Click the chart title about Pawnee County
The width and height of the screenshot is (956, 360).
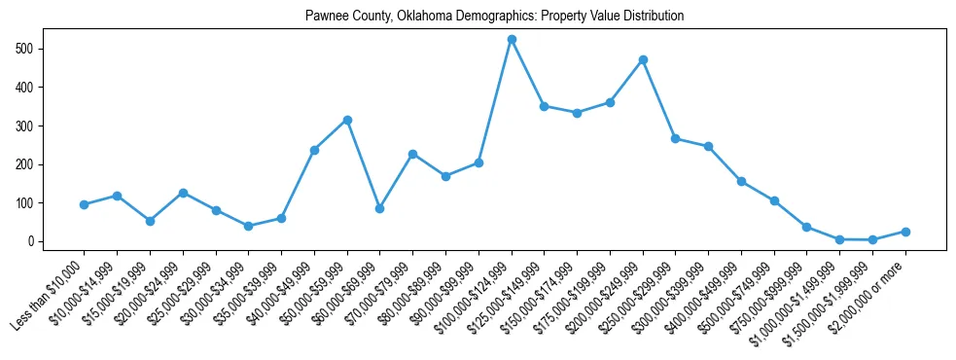(x=494, y=17)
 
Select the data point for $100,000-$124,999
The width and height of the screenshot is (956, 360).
(x=512, y=40)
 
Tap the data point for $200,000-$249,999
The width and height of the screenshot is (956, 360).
(x=643, y=60)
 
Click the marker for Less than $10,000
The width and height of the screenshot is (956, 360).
(x=84, y=204)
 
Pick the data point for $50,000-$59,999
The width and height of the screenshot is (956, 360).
(x=347, y=120)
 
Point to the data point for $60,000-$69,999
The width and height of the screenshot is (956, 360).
(x=379, y=208)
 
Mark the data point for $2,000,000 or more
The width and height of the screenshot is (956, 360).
(x=905, y=232)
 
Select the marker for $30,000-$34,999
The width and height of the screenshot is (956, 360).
(x=248, y=226)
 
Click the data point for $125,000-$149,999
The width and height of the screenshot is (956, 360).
(x=545, y=106)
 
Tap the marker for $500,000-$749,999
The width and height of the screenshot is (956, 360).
(x=774, y=200)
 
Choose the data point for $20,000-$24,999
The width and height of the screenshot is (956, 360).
(x=183, y=193)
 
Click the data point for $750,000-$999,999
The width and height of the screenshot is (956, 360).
(x=807, y=227)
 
